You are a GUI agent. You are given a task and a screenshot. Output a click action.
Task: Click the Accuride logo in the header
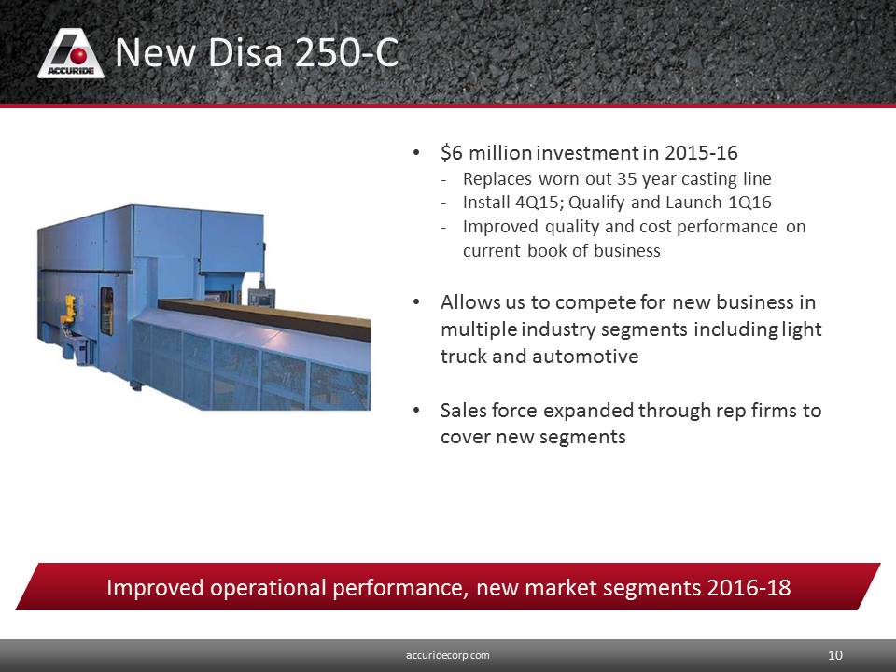tap(71, 53)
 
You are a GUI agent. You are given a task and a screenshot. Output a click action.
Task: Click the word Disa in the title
tap(244, 52)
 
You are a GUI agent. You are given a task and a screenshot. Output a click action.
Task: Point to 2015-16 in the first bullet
tap(701, 152)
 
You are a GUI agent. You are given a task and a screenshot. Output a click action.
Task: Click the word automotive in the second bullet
tap(585, 356)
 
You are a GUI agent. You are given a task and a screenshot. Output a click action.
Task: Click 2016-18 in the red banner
tap(749, 587)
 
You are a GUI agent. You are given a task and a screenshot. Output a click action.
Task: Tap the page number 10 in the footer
tap(834, 655)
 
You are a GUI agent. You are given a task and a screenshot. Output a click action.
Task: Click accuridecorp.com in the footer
tap(447, 655)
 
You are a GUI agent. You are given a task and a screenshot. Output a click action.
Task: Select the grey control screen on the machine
tap(261, 298)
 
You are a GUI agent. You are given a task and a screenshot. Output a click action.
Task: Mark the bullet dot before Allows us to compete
tap(416, 302)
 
